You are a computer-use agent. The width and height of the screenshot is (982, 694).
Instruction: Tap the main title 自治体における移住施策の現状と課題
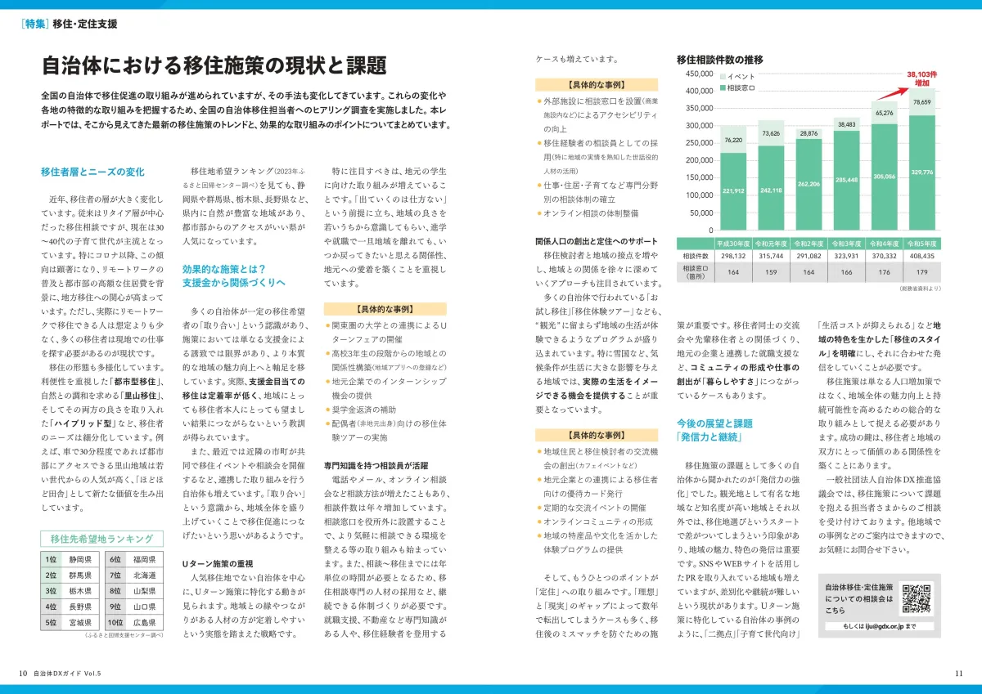tap(214, 65)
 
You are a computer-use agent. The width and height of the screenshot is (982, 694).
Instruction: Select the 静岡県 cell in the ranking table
tap(80, 560)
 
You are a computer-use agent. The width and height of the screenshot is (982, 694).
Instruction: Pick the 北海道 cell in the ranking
tap(144, 575)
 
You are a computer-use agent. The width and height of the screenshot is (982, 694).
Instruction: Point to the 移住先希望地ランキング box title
tap(101, 539)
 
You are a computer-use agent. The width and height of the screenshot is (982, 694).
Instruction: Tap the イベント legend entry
tap(740, 77)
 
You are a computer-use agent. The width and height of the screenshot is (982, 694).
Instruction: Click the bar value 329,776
tap(921, 172)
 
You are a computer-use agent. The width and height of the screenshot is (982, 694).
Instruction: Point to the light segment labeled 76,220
tap(733, 141)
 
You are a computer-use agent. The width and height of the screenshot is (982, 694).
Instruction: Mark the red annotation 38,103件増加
tap(921, 78)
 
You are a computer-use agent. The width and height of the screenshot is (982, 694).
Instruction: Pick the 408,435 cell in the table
tap(921, 255)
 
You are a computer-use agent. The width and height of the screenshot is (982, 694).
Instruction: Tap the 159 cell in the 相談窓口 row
tap(773, 271)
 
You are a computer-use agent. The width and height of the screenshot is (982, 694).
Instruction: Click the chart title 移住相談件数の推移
tap(720, 59)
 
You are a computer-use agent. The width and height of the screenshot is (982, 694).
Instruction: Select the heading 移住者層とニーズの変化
tap(92, 172)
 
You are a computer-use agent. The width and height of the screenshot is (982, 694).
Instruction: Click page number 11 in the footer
tap(958, 673)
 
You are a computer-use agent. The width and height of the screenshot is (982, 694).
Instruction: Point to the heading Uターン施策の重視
tap(217, 563)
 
